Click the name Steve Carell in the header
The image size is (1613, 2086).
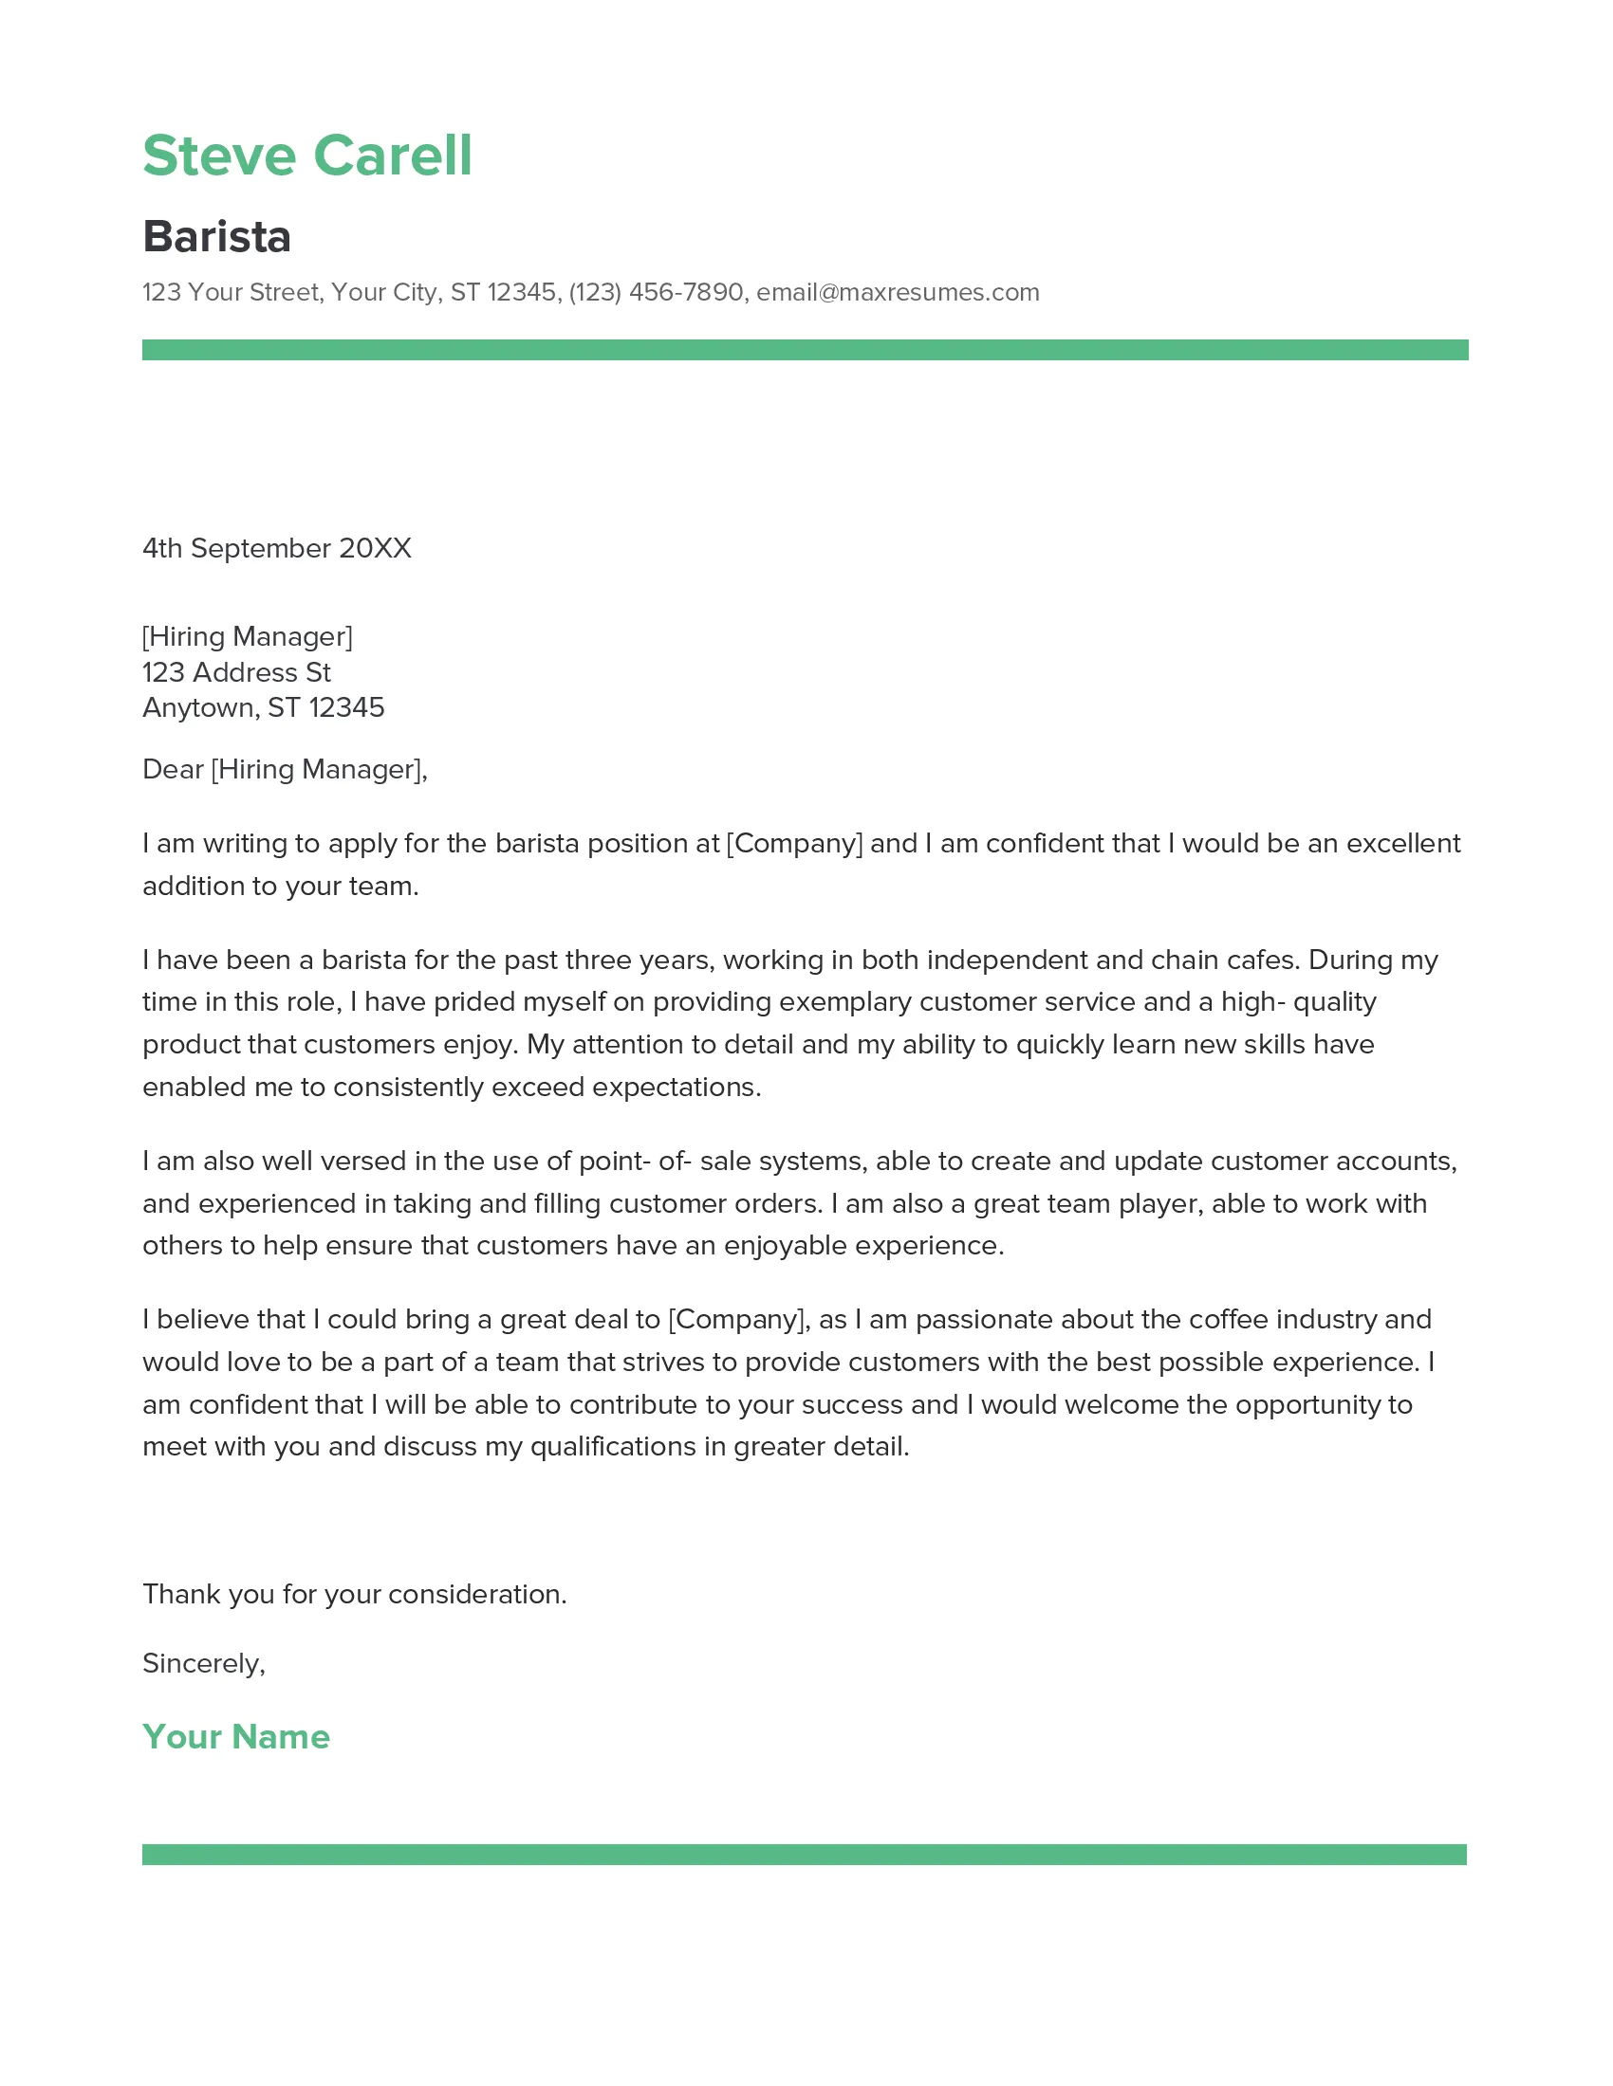(306, 156)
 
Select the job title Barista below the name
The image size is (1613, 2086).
(217, 236)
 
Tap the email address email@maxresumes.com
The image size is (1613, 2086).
(898, 292)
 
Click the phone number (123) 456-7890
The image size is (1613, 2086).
(656, 292)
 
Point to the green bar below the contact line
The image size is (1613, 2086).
(805, 350)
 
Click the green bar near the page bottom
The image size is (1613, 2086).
(804, 1854)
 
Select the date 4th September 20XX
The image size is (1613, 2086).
(276, 548)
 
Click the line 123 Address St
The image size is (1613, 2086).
(236, 672)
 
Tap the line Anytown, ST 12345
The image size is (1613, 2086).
(263, 707)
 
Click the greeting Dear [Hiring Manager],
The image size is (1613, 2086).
(285, 769)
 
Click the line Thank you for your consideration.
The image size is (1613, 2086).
(355, 1594)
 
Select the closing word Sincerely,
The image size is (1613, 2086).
(204, 1664)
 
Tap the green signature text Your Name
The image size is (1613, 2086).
(236, 1736)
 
